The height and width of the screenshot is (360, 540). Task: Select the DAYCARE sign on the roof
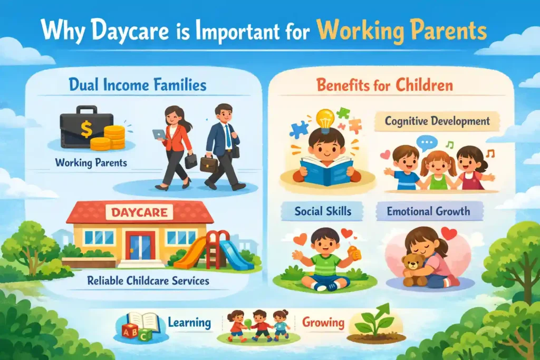[x=139, y=213]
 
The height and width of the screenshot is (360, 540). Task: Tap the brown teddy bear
[x=413, y=268]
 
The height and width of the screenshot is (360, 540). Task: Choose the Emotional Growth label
[x=428, y=212]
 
